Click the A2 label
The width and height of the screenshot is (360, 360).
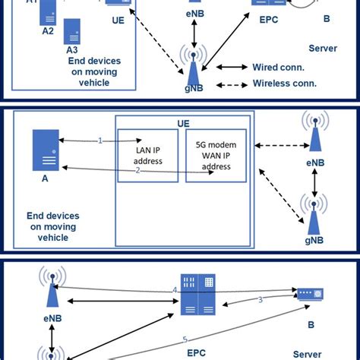click(48, 32)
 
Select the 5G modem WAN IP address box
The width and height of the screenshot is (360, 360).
click(216, 155)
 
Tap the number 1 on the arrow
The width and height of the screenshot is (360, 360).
click(99, 141)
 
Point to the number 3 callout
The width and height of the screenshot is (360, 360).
click(261, 300)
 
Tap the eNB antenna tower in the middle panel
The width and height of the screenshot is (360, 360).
click(314, 131)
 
